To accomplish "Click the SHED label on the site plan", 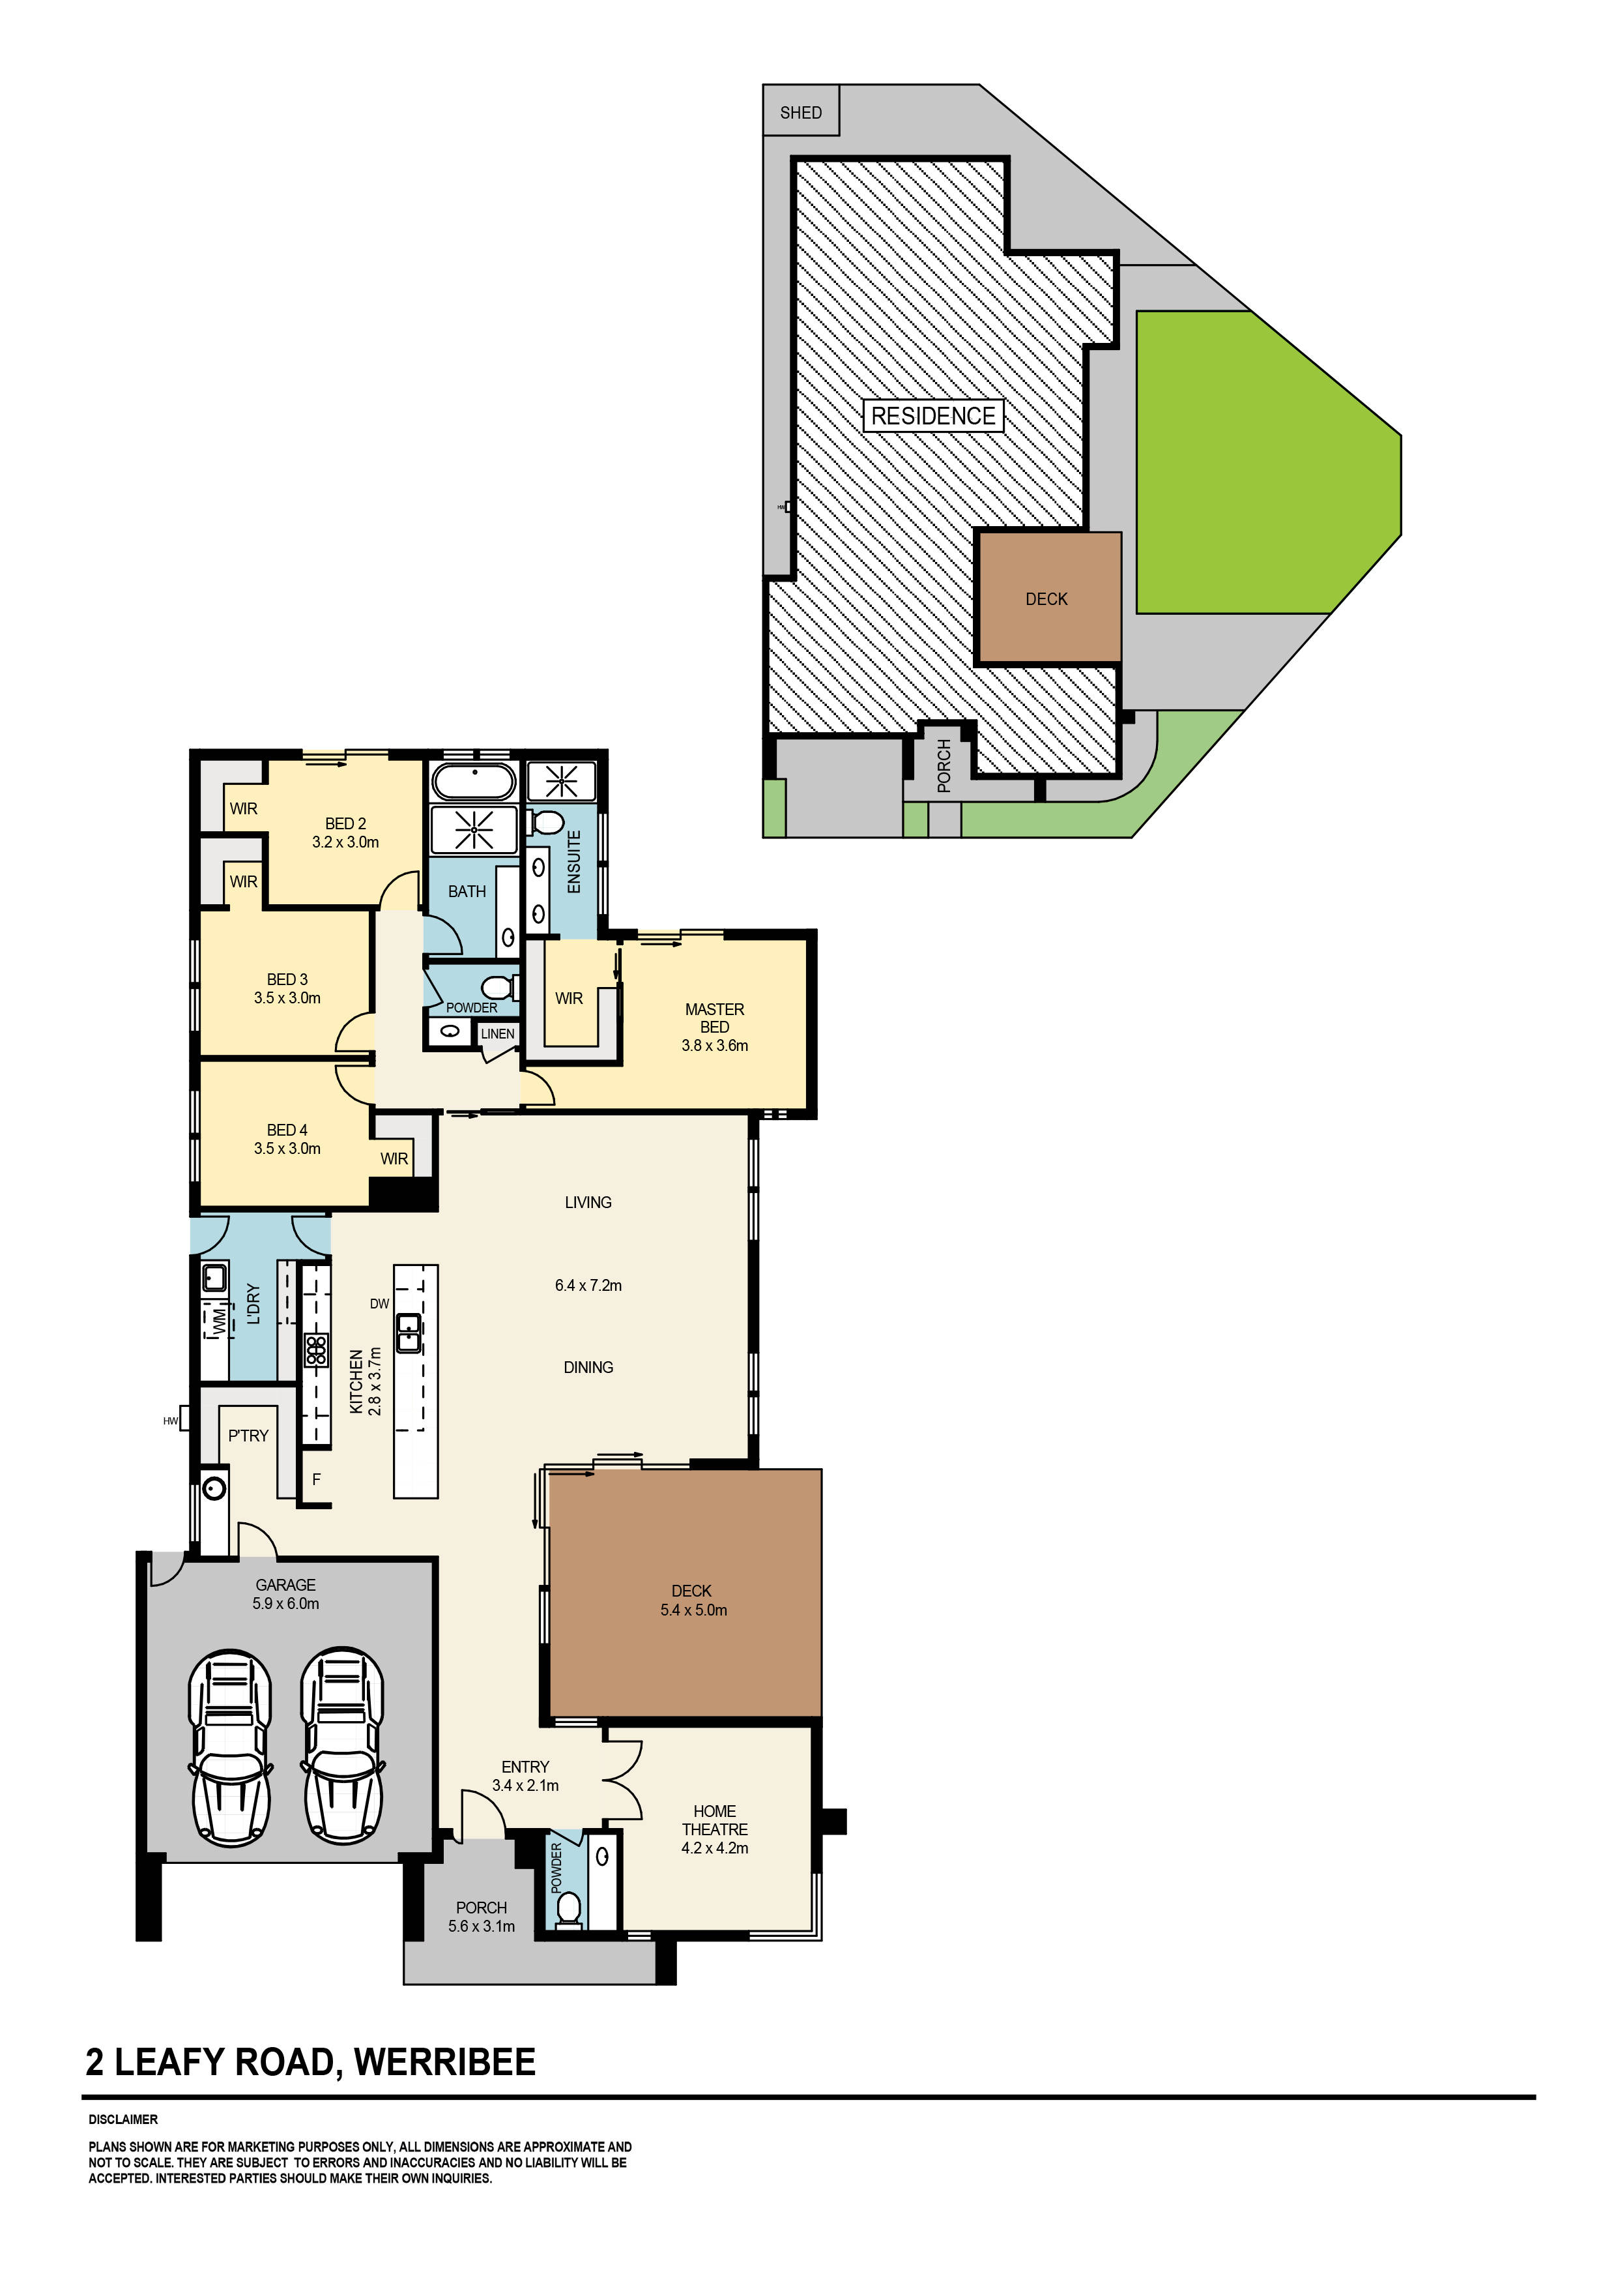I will click(x=801, y=113).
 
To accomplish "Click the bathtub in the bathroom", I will click(x=474, y=782).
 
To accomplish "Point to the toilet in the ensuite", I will click(x=547, y=823).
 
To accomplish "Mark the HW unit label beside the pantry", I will click(x=170, y=1421).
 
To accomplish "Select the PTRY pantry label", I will click(x=248, y=1436).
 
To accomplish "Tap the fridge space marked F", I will click(x=317, y=1479).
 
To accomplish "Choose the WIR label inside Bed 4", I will click(x=394, y=1158).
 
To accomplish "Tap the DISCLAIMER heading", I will click(x=123, y=2119).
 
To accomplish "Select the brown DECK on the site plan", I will click(x=1047, y=598).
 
